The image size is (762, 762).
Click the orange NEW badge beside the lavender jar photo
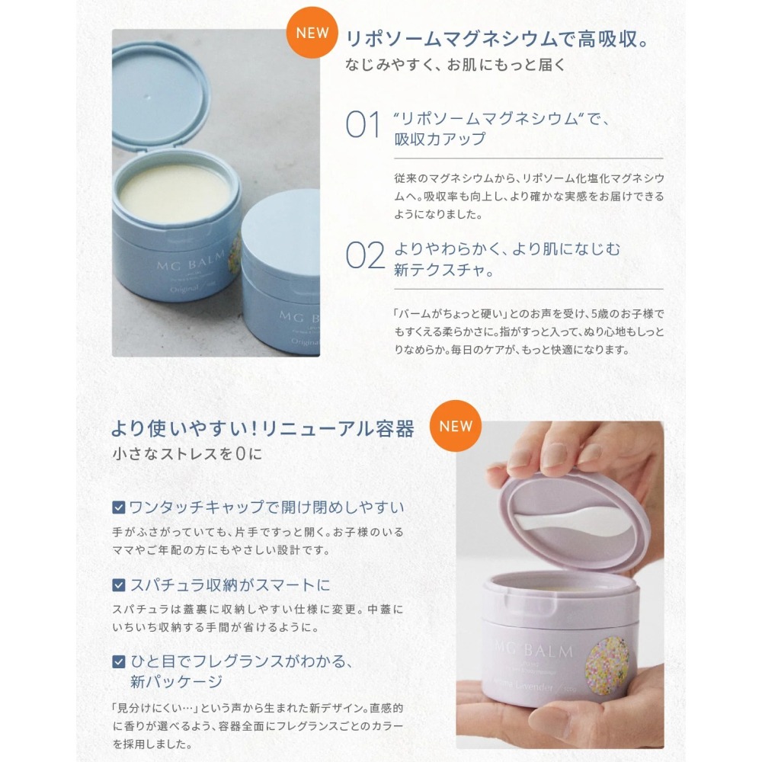point(456,426)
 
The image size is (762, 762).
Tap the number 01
point(363,126)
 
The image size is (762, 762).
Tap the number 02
point(365,256)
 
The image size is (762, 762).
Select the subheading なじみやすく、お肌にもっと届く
point(456,65)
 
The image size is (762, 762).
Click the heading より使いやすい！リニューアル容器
point(262,428)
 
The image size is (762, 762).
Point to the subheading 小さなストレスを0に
point(187,455)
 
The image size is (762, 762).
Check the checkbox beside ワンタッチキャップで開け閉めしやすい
point(119,507)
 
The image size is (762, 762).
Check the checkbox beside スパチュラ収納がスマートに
point(119,585)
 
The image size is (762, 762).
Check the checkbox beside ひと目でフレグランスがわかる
point(119,661)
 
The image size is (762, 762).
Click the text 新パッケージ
point(177,681)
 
